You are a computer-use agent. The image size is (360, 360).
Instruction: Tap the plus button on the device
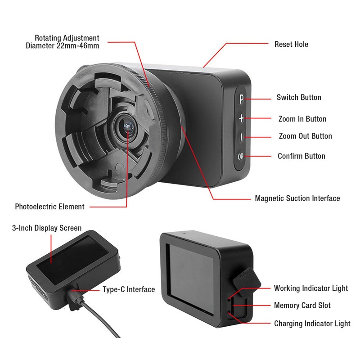(241, 118)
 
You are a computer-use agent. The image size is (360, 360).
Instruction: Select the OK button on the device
(241, 157)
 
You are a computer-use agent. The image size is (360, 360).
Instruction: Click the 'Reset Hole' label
(291, 44)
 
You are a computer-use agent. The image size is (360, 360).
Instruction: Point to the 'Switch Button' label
(299, 97)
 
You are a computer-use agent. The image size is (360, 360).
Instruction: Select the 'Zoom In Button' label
(302, 119)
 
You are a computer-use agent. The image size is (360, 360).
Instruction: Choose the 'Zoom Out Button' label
(306, 136)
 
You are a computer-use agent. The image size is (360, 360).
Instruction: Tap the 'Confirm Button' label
(301, 156)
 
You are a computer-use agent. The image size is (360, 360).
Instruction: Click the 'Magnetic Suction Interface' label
(297, 198)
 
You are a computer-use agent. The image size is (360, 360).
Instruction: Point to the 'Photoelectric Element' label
(49, 207)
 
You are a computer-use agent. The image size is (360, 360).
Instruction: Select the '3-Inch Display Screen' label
(47, 228)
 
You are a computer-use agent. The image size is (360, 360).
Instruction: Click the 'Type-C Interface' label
(129, 289)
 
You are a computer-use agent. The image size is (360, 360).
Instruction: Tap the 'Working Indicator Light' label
(311, 288)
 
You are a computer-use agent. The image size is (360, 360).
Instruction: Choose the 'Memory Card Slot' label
(302, 306)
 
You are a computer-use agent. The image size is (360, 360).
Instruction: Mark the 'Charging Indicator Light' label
(312, 324)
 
